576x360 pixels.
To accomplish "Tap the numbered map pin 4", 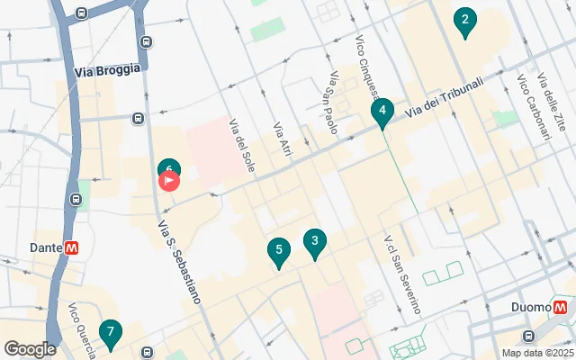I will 382,112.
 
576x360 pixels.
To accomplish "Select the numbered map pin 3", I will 314,241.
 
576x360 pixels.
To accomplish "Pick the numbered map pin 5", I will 279,251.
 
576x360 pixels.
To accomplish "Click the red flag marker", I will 169,181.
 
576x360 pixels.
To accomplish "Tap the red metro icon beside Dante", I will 71,247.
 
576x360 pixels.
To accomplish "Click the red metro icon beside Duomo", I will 561,307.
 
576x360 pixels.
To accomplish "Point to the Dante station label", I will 45,247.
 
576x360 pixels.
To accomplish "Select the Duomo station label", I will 531,308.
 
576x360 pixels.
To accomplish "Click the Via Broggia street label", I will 107,69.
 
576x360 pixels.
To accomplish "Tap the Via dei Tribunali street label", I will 444,98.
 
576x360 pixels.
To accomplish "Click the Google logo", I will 31,349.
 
